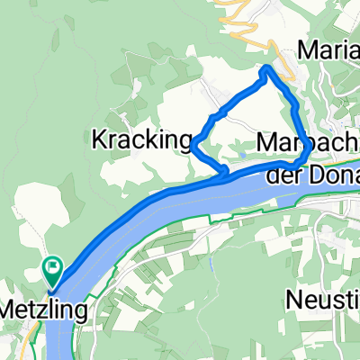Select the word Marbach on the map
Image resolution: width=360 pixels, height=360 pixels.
click(301, 143)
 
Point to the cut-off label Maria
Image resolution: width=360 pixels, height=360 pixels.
click(332, 48)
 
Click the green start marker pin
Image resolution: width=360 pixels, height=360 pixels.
click(53, 267)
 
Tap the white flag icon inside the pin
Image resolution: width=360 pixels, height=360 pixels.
click(53, 265)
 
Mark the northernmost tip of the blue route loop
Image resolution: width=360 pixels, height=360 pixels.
click(266, 68)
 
